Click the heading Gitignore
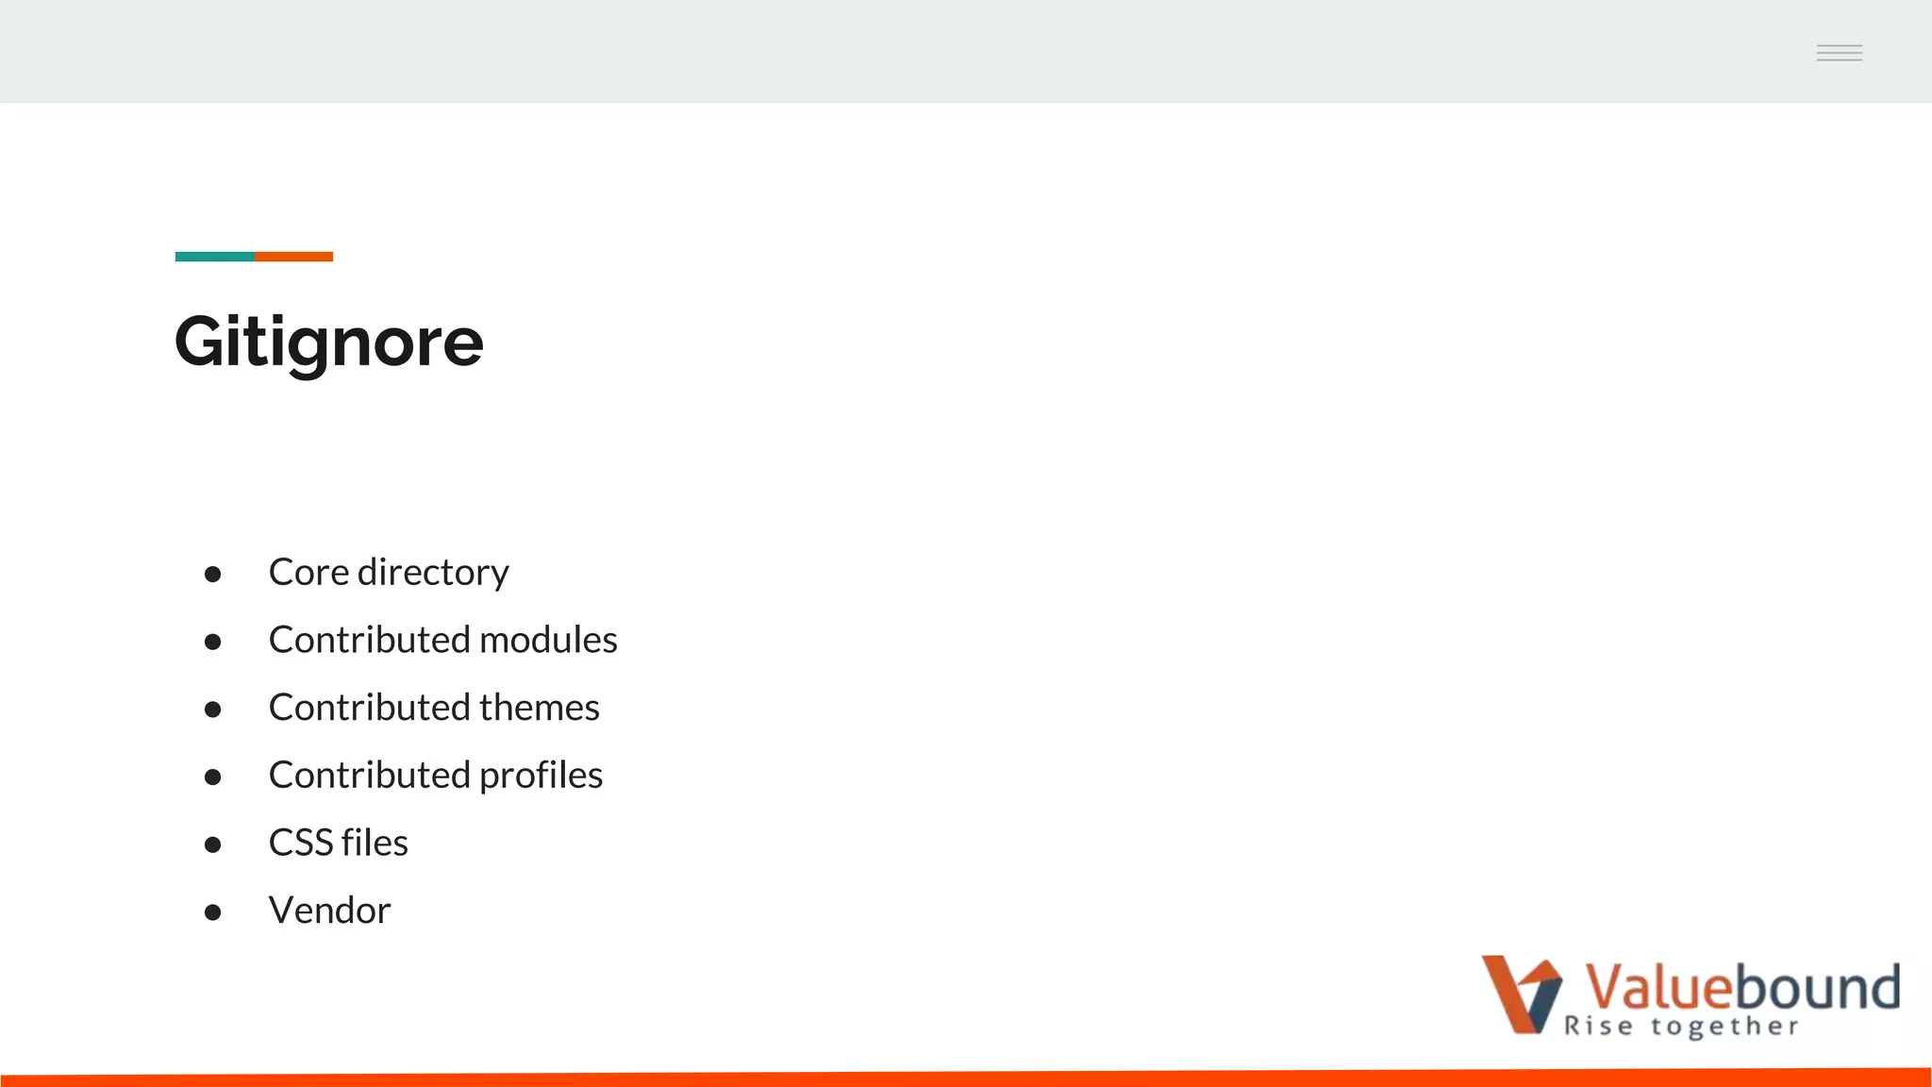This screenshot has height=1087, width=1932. coord(328,342)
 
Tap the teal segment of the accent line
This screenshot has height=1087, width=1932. coord(214,257)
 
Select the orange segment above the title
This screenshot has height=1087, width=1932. coord(293,257)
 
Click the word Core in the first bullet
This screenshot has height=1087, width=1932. coord(308,573)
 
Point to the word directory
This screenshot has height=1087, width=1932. coord(433,573)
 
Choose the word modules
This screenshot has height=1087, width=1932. coord(548,640)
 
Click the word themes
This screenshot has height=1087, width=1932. coord(539,708)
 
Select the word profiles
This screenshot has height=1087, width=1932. coord(541,776)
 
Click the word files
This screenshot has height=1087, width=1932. coord(375,843)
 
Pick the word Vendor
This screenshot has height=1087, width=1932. coord(329,911)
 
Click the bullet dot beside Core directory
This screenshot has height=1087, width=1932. coord(212,574)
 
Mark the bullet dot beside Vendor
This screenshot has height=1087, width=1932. coord(212,912)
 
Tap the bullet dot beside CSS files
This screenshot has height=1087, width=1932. coord(212,845)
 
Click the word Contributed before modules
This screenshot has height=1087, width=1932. coord(369,640)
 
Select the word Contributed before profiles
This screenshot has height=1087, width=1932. coord(369,776)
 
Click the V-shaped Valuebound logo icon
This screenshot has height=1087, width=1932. coord(1521,995)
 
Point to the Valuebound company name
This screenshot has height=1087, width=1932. coord(1741,987)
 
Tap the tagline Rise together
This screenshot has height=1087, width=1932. coord(1681,1027)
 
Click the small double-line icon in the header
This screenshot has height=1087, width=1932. coord(1839,53)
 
